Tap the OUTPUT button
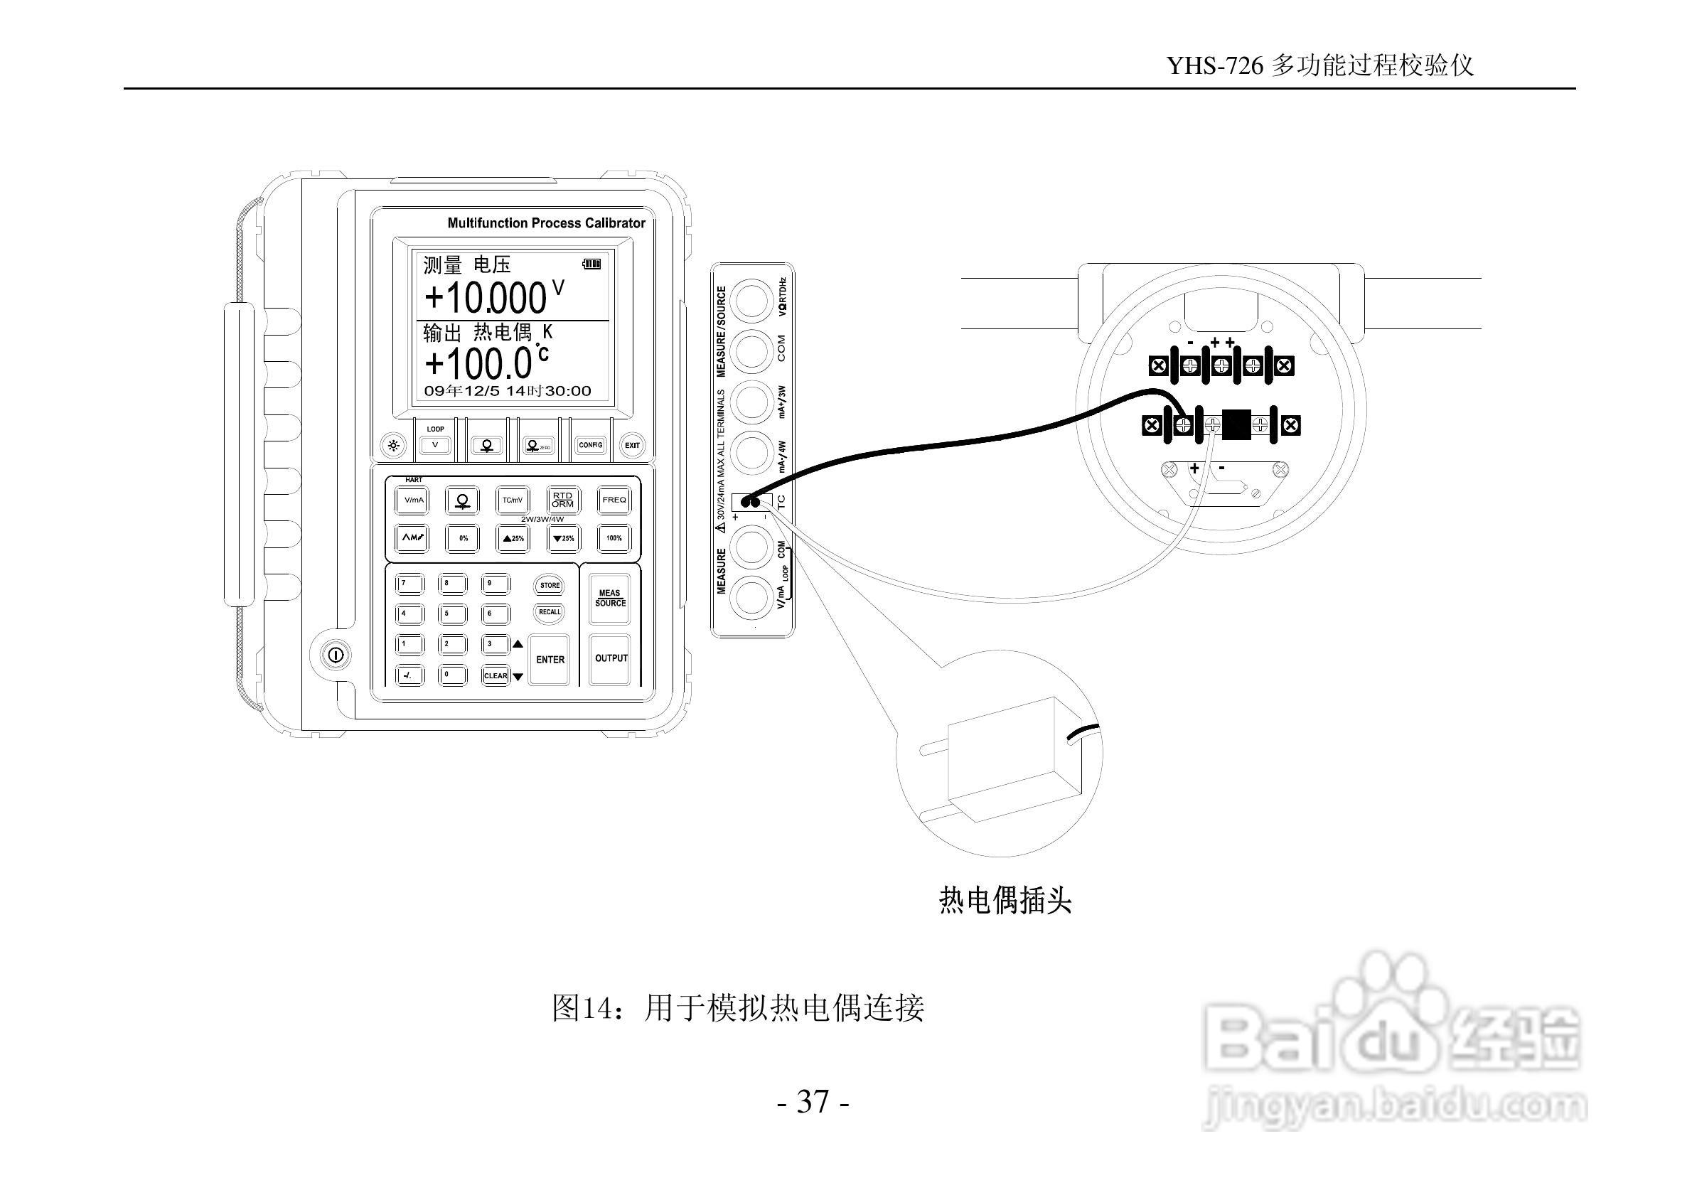point(611,658)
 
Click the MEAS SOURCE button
point(610,598)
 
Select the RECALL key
point(549,612)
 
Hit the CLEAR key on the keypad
point(495,675)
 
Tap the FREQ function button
point(614,500)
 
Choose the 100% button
point(614,538)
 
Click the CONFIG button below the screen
point(590,446)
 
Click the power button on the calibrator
point(336,655)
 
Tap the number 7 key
point(410,584)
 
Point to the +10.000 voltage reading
point(486,298)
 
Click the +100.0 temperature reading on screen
point(478,362)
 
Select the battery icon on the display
point(591,263)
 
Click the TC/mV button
point(512,500)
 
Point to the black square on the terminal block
point(1236,424)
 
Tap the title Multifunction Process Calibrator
point(546,223)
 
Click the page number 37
point(813,1102)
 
